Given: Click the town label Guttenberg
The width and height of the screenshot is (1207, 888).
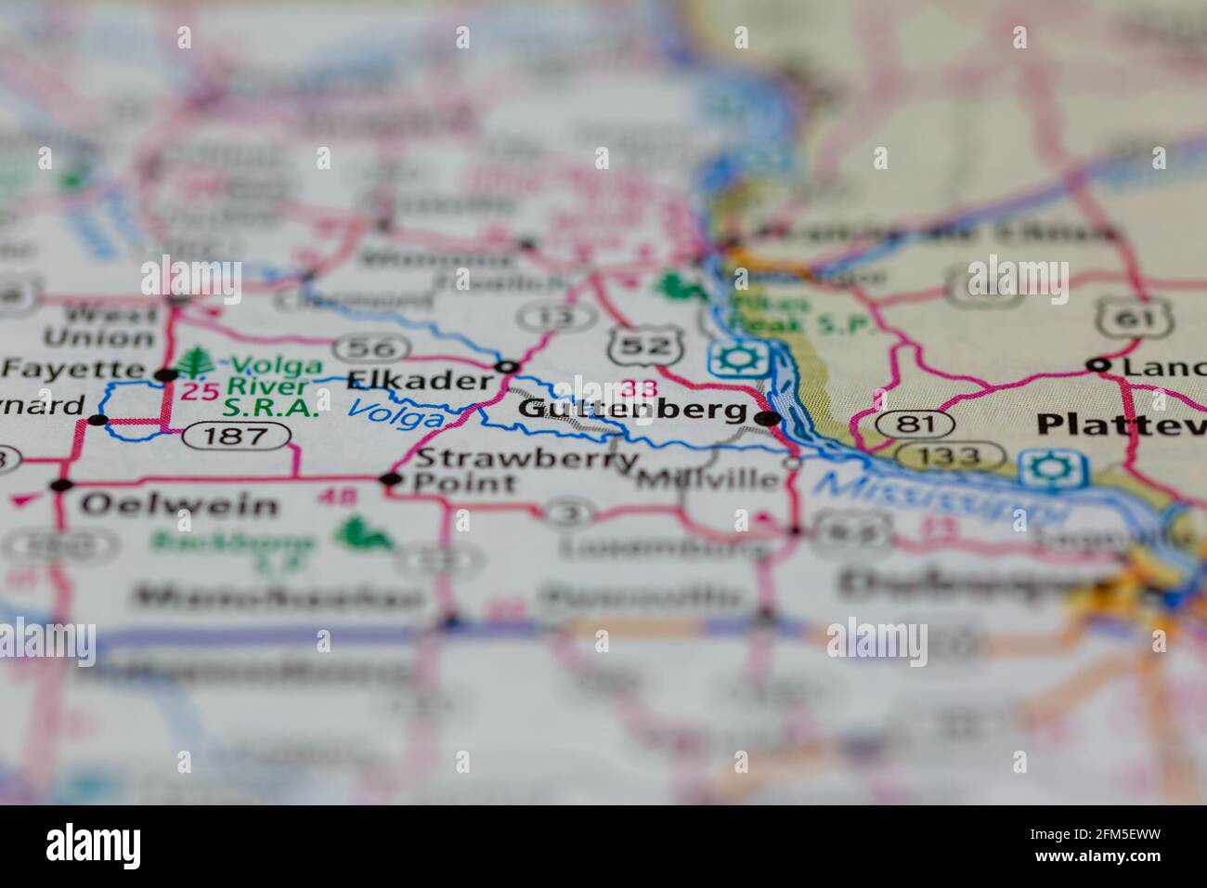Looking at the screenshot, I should pyautogui.click(x=631, y=410).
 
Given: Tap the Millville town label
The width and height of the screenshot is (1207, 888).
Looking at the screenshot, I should pyautogui.click(x=710, y=480).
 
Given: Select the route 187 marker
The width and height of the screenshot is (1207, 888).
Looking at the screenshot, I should pyautogui.click(x=236, y=434).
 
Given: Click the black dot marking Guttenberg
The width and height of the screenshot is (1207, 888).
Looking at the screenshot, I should pyautogui.click(x=767, y=419).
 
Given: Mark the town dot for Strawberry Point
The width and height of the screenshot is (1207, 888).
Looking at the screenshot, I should pyautogui.click(x=391, y=479).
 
